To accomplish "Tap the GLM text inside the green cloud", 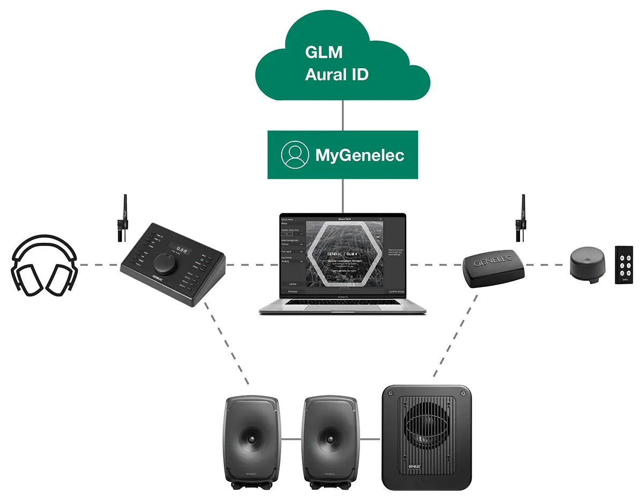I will point(324,52).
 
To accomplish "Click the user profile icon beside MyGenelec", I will point(295,155).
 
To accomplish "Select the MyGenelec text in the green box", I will point(359,156).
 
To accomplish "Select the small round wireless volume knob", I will point(586,264).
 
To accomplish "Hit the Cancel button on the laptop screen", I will point(292,284).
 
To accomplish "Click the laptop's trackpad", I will point(342,310).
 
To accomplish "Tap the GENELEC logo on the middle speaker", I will point(330,474).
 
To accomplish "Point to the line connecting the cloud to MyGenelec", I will point(343,115).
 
